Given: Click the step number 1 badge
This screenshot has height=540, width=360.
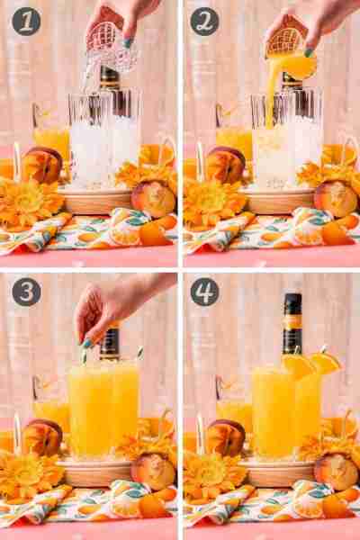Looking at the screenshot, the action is click(26, 22).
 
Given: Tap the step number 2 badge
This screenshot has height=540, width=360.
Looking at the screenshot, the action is click(204, 22).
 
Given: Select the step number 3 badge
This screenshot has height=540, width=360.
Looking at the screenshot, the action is click(26, 292).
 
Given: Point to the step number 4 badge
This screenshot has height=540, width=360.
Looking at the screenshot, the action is click(204, 292).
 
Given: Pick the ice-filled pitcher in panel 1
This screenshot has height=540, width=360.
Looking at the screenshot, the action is click(104, 138).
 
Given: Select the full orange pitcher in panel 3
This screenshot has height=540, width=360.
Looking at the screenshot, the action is click(103, 408).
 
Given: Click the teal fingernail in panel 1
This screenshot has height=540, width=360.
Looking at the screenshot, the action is click(128, 43).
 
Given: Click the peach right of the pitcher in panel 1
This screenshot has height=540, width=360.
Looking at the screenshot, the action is click(153, 199).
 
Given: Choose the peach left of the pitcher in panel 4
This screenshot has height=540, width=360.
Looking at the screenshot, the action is click(226, 437).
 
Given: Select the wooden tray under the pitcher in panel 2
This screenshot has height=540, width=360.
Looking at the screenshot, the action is click(278, 201).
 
